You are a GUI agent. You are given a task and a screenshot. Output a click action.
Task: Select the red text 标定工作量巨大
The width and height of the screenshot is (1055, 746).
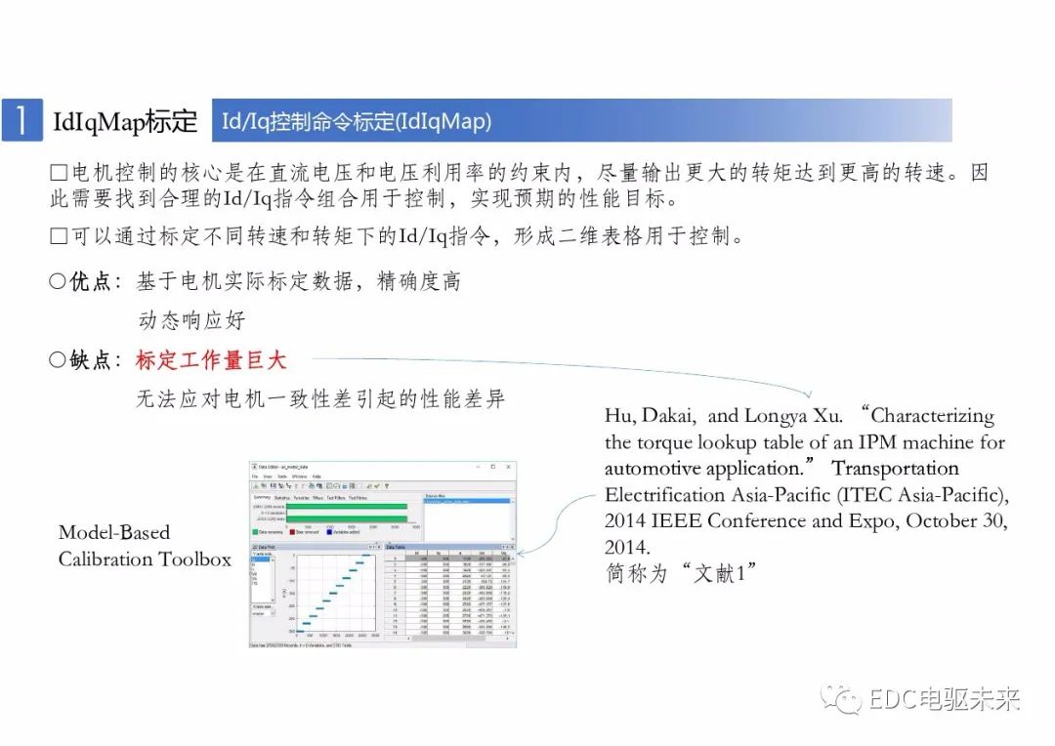(x=211, y=360)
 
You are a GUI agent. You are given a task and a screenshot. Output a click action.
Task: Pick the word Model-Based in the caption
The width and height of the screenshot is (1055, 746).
(x=114, y=533)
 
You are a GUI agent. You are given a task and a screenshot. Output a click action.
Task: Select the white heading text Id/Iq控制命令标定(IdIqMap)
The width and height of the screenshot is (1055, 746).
(x=357, y=122)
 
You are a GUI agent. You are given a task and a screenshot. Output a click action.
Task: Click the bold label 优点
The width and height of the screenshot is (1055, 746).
(x=90, y=282)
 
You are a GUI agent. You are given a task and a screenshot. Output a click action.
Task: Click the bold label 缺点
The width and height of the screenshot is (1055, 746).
(x=90, y=360)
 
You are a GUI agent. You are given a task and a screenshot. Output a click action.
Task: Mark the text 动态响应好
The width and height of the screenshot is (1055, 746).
(x=191, y=321)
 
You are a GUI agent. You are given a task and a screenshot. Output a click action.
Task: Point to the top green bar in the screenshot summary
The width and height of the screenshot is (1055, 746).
(x=347, y=507)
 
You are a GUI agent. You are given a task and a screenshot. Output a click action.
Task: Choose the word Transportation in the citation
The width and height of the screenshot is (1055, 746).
(x=896, y=469)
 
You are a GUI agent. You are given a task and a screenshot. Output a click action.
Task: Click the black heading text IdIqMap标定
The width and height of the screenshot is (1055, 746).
(x=125, y=122)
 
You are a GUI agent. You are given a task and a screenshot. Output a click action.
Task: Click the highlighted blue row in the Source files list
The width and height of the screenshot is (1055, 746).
(x=467, y=501)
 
